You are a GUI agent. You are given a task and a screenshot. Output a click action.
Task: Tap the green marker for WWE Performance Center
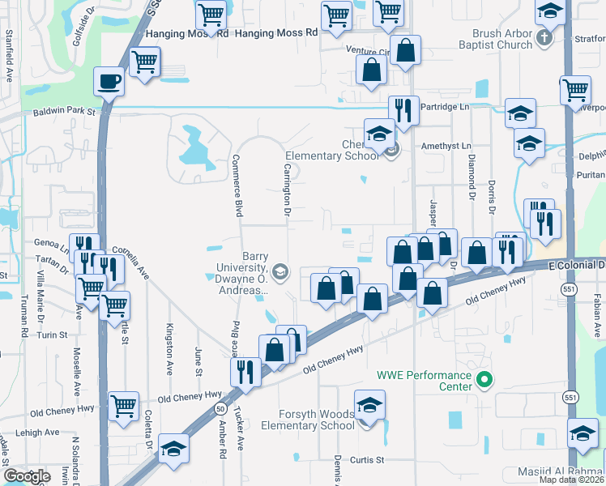(484, 378)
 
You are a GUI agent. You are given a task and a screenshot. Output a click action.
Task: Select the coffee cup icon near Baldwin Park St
(109, 80)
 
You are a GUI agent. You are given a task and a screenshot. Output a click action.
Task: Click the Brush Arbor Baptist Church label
(502, 40)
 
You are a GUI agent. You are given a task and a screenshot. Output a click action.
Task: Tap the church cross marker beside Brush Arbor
(546, 38)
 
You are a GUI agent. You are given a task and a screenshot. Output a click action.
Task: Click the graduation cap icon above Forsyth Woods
(369, 405)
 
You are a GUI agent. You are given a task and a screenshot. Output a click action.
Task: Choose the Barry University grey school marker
(280, 271)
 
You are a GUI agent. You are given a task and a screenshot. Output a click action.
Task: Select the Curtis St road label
(366, 460)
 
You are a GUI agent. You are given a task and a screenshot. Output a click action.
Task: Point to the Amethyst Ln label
(446, 146)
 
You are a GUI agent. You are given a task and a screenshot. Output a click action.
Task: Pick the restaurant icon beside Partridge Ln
(402, 109)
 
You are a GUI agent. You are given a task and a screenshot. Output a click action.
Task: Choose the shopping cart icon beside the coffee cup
(145, 61)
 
